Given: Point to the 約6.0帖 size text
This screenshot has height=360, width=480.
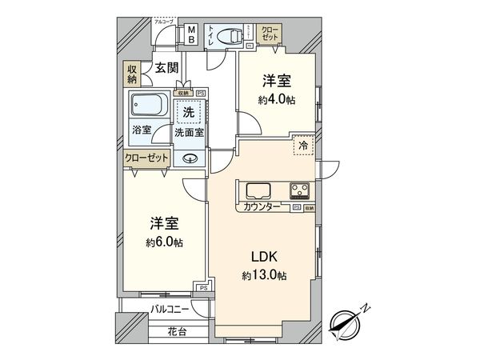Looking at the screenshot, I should click(x=163, y=242).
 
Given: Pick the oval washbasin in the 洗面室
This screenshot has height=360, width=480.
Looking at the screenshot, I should click(x=190, y=158).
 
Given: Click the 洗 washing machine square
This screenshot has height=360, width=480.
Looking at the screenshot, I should click(x=189, y=112).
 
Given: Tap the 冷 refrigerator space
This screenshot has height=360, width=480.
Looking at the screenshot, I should click(x=304, y=146).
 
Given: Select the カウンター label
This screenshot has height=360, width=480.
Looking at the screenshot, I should click(x=262, y=207).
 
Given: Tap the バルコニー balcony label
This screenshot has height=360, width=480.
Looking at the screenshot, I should click(x=169, y=308).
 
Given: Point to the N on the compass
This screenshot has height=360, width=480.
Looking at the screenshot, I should click(x=365, y=307).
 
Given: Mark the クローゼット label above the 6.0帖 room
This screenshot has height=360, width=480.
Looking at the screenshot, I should click(x=146, y=158).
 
